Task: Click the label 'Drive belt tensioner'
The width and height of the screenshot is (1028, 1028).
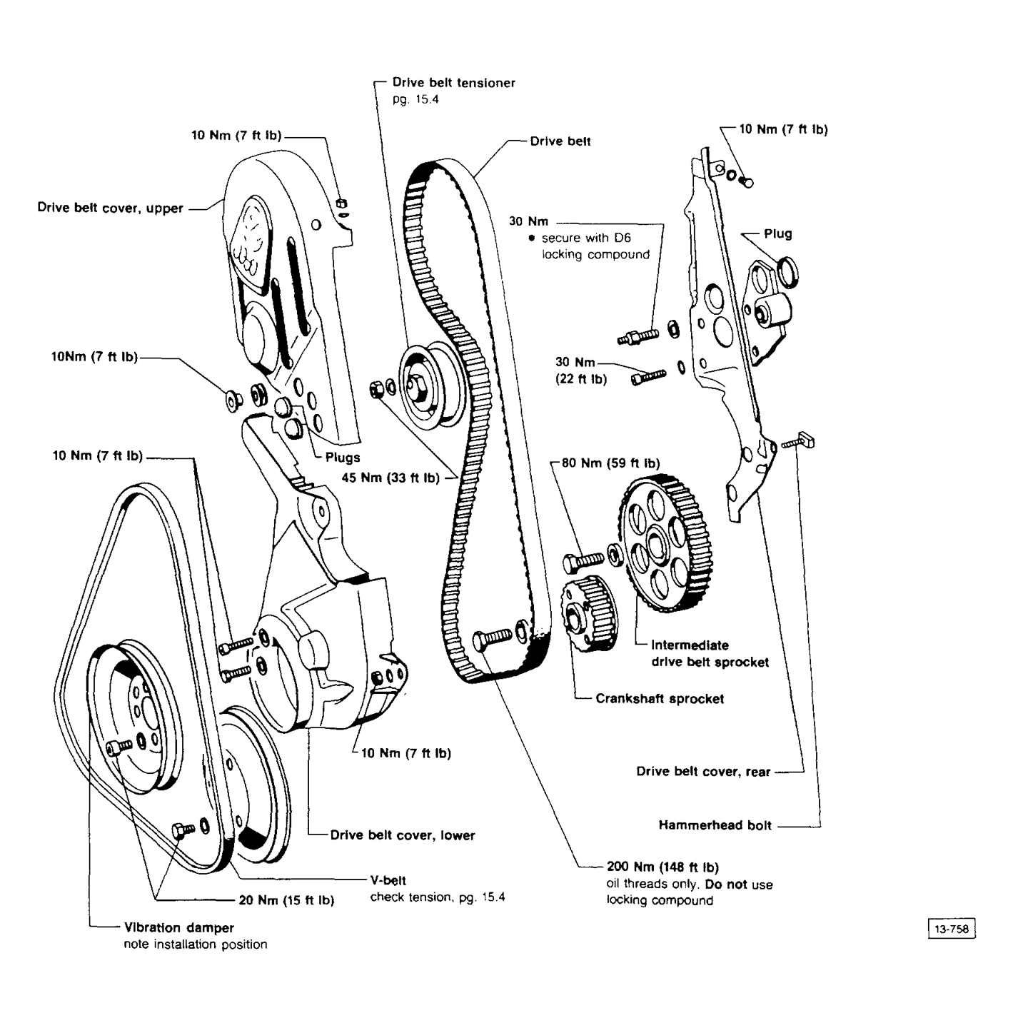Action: point(453,83)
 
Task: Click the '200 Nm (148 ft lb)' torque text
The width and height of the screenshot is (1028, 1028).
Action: point(662,867)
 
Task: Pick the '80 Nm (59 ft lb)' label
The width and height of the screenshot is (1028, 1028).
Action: point(610,463)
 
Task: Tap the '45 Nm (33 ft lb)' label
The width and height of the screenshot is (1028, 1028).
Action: point(390,478)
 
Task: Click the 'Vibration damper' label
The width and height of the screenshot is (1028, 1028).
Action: point(179,928)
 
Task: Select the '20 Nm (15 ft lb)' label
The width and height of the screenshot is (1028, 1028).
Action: point(286,900)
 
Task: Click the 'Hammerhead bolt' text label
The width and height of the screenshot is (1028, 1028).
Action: point(715,826)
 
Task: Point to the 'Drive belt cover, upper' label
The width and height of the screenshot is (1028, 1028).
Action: point(111,208)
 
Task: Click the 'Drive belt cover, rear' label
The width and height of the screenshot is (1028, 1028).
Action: point(703,772)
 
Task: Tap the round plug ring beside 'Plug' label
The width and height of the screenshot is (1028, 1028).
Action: point(787,272)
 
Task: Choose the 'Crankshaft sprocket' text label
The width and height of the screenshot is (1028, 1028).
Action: point(660,699)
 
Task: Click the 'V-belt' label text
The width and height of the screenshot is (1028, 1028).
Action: point(388,881)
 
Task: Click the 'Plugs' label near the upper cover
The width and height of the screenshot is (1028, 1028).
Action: point(343,458)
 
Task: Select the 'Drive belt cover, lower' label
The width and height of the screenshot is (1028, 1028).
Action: point(402,835)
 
